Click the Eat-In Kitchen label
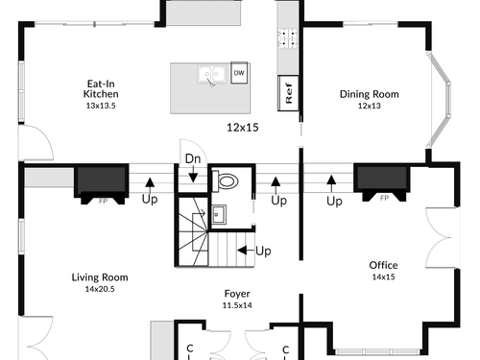point(101,89)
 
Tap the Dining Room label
point(370,94)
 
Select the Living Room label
point(100,277)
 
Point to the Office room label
point(383,265)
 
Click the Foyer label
point(237,294)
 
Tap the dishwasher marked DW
point(239,73)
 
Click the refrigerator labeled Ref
point(288,93)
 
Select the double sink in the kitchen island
point(211,75)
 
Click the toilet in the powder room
point(226,181)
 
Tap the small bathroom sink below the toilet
point(219,214)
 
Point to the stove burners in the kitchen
point(288,38)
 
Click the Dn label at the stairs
point(193,158)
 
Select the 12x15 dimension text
point(243,128)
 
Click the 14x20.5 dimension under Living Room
point(100,289)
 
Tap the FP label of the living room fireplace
point(103,202)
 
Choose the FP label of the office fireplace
point(384,199)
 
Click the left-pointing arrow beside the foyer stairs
point(246,251)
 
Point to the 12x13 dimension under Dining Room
point(370,106)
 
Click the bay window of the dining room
point(439,100)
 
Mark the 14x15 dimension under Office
point(383,276)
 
